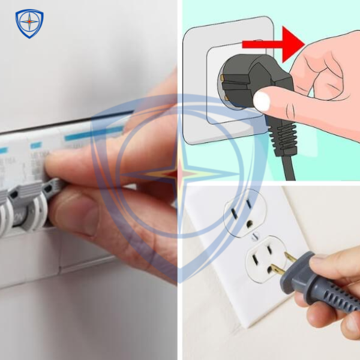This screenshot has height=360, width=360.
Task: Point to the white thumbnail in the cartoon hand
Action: click(x=262, y=102)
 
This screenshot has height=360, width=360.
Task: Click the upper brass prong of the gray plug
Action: click(x=290, y=257)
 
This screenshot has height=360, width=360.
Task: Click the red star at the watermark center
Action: click(x=179, y=175)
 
